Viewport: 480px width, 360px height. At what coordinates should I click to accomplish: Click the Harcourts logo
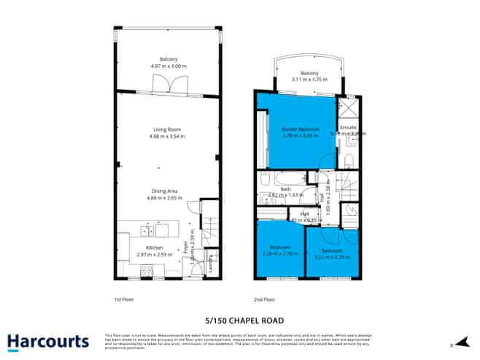[48, 340]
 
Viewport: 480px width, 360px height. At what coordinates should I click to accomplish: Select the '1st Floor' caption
[123, 299]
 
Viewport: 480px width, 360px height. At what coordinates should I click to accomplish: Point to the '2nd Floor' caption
[263, 299]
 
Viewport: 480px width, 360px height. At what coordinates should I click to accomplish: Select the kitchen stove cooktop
[145, 271]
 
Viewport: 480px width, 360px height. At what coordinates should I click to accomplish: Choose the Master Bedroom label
[301, 129]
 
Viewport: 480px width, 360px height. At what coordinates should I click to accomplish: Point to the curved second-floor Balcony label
[310, 73]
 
